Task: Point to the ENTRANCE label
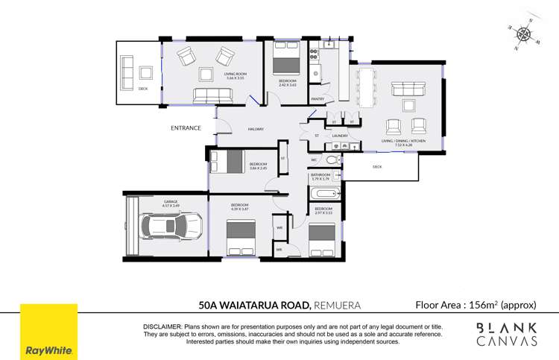[186, 128]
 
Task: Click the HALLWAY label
[256, 130]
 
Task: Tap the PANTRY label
[317, 98]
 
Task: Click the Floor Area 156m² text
[476, 304]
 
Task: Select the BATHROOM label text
[320, 174]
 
